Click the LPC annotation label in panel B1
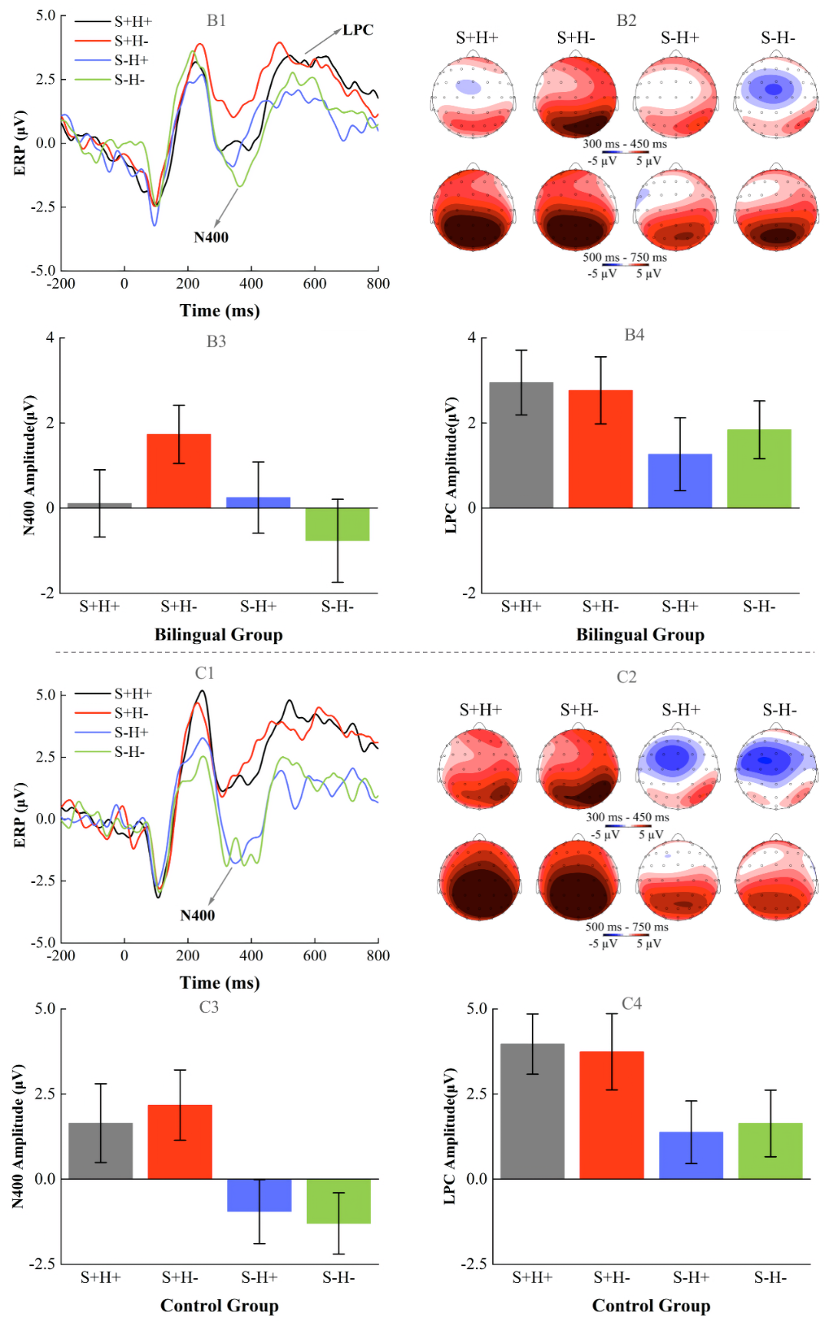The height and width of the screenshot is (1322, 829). point(358,30)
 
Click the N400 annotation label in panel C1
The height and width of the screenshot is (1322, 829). point(197,915)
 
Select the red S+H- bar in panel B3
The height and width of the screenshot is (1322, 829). point(179,471)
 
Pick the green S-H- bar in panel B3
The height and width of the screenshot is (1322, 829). point(338,524)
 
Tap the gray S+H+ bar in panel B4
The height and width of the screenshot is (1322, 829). point(521,445)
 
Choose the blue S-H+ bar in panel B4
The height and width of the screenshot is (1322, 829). point(680,481)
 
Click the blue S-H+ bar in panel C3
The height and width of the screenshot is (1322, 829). point(259,1195)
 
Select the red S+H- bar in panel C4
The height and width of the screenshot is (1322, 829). point(612,1115)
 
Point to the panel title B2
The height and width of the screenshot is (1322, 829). point(626,21)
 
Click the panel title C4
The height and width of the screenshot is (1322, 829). point(632,1003)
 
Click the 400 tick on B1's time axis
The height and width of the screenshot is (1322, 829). point(251,283)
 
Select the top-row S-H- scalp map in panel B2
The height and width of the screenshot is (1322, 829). point(776,97)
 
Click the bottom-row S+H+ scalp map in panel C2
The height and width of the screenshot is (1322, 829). point(480,880)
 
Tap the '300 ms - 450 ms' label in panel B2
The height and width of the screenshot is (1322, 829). point(625,144)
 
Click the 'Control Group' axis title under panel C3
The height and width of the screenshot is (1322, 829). point(220,1306)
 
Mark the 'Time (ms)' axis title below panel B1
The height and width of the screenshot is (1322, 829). point(220,311)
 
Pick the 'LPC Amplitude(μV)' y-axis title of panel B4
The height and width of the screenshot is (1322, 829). point(451,464)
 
